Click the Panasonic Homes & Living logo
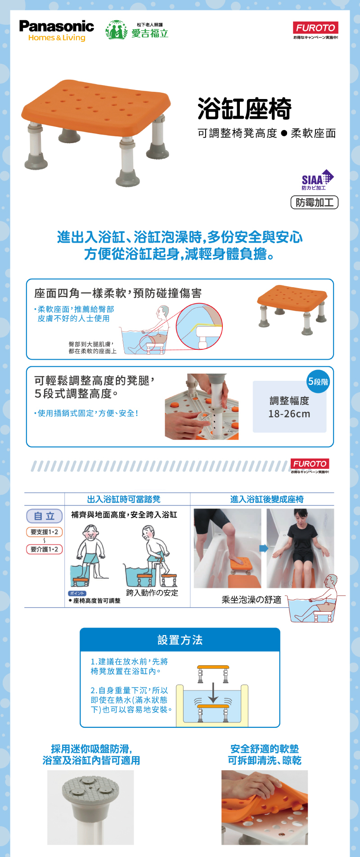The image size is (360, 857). (x=56, y=31)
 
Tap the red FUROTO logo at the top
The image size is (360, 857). (x=315, y=28)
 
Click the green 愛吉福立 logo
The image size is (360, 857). (x=137, y=31)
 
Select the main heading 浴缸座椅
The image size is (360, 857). (x=244, y=109)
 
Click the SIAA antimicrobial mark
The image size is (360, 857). (x=317, y=180)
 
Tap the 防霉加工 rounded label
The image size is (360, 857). (x=314, y=203)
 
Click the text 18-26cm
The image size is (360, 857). (x=289, y=414)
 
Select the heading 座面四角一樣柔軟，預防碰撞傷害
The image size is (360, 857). (x=118, y=293)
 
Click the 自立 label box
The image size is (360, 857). (x=44, y=516)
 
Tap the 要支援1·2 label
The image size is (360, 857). (x=44, y=532)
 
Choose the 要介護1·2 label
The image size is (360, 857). (x=44, y=549)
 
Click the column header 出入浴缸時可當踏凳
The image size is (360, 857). (x=124, y=499)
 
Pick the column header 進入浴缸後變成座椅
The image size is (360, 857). (x=267, y=499)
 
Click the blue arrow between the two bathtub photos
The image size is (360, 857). (x=264, y=548)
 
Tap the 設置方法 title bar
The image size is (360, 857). (x=180, y=640)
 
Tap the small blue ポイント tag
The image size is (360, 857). (x=77, y=593)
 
